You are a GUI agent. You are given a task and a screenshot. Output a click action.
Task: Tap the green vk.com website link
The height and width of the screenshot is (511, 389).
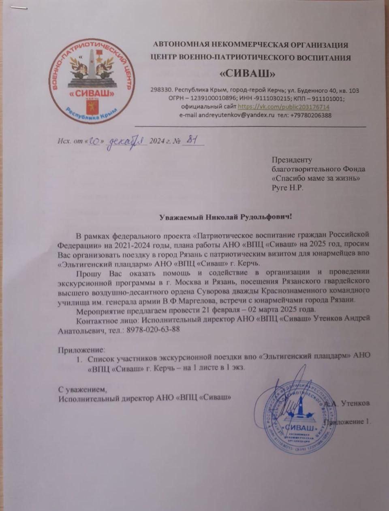tap(283, 107)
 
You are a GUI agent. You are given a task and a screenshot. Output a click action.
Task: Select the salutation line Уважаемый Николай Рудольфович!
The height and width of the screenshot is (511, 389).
tap(224, 217)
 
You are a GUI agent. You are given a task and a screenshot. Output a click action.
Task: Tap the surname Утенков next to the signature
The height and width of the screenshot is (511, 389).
tap(355, 403)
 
